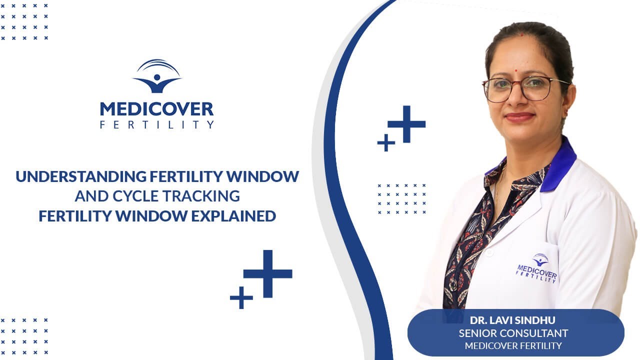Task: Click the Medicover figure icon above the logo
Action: pos(157,77)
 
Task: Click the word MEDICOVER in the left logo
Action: pos(156,109)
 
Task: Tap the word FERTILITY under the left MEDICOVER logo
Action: pos(156,124)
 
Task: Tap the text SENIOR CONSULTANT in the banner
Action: pos(513,333)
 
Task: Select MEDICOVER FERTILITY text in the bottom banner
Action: pos(513,345)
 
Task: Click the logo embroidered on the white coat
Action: pos(537,268)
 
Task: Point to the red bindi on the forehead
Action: pos(521,34)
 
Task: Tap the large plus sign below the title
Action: pos(268,273)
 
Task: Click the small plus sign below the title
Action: pos(241,297)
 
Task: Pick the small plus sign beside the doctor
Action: pos(386,142)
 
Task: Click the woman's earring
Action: pos(566,107)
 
